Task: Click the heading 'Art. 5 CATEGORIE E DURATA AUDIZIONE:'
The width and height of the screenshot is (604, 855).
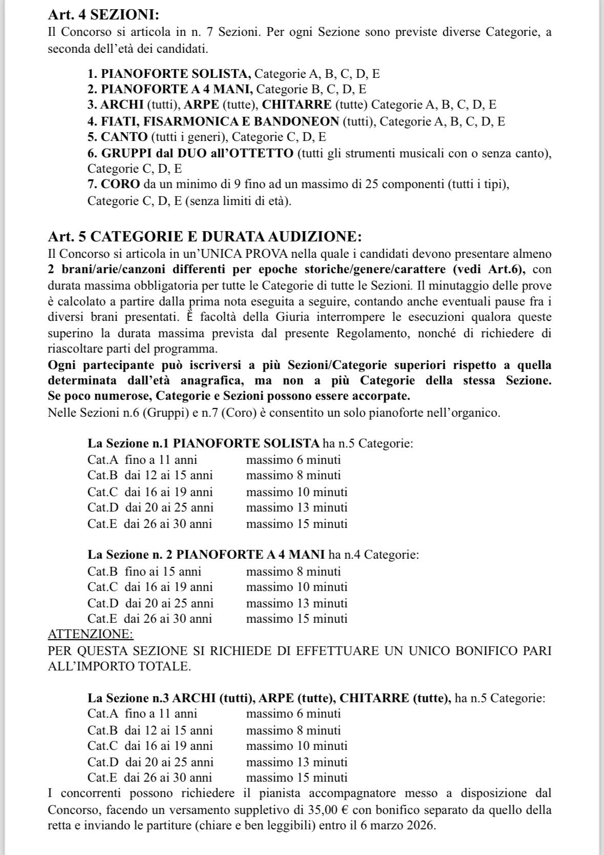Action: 205,237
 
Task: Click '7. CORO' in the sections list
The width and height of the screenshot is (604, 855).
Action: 114,184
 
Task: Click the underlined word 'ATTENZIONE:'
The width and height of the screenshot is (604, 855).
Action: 91,634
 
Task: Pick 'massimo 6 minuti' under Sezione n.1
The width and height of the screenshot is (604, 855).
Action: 293,460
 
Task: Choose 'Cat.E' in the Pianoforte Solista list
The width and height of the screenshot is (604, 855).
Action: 102,524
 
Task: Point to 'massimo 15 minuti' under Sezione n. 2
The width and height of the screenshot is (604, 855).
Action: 297,619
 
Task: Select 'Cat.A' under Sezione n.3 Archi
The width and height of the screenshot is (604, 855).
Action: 102,714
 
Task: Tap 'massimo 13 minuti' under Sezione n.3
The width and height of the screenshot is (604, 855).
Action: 297,762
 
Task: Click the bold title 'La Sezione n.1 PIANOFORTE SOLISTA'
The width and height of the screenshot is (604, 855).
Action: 203,443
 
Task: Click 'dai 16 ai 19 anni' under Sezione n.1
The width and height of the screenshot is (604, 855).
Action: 169,492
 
